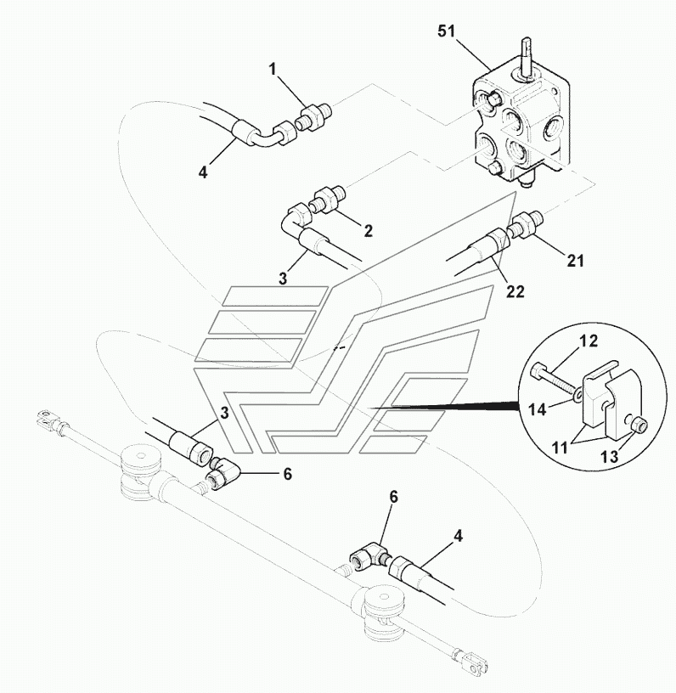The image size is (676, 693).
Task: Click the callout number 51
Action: coord(446,31)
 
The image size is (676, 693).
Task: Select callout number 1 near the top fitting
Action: coord(273,70)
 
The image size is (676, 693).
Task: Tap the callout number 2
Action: coord(368,230)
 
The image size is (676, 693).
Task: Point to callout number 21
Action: coord(575,261)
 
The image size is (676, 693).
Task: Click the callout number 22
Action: coord(515,291)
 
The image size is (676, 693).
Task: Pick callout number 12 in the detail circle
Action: coord(589,341)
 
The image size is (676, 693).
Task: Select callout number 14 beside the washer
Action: coord(538,409)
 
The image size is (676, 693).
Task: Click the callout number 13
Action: coord(610,456)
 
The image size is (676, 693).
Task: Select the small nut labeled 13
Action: coord(639,425)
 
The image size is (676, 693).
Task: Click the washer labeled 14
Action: coord(576,392)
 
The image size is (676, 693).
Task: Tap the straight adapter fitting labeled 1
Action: coord(313,118)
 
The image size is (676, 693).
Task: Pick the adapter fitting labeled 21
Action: coord(525,225)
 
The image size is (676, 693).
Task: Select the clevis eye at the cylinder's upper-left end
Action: coord(48,418)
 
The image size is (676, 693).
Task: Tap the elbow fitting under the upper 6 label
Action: coord(223,473)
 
